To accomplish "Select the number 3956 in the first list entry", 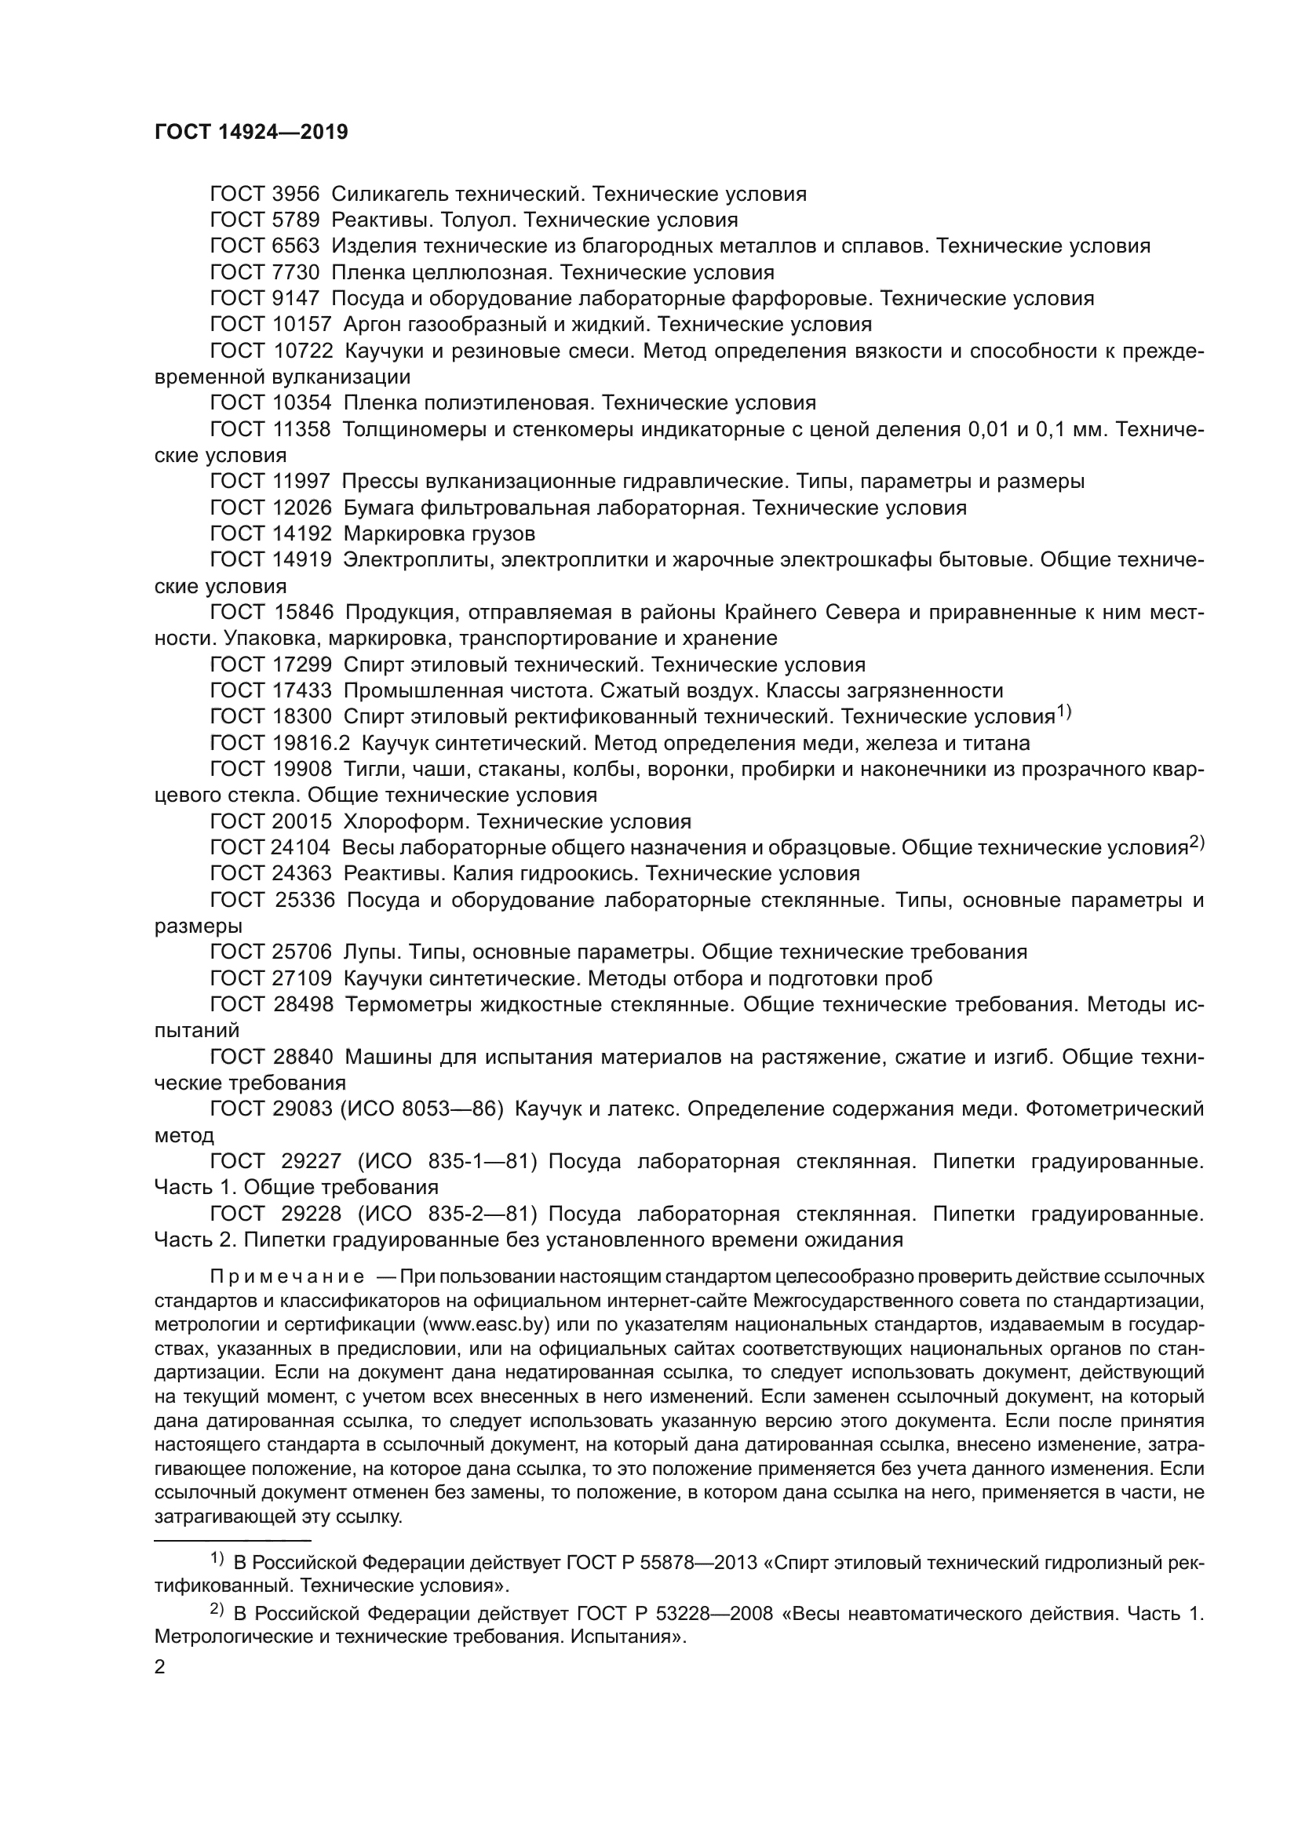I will (295, 195).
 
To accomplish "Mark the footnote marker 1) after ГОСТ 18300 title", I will (1064, 711).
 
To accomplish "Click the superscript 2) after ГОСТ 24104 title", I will (1197, 842).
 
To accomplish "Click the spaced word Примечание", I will (287, 1276).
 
